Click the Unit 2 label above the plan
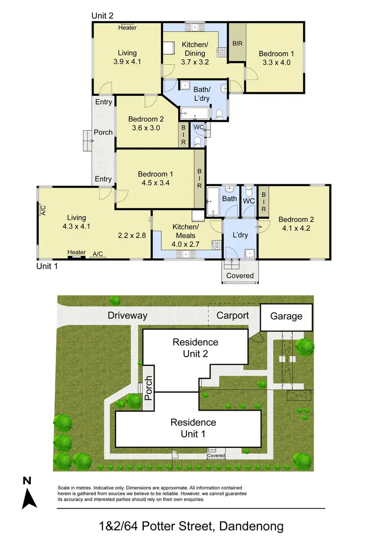tap(103, 16)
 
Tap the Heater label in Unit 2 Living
tap(127, 28)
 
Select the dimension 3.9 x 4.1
tap(127, 62)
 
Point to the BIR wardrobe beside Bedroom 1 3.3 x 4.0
tap(237, 44)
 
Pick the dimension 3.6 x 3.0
tap(146, 128)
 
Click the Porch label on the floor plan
tap(103, 132)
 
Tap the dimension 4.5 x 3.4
tap(155, 183)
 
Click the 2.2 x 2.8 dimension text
tap(132, 235)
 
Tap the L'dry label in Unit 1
tap(240, 235)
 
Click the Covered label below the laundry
tap(240, 276)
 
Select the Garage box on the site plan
tap(286, 316)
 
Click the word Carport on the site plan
tap(232, 315)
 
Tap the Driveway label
tap(127, 315)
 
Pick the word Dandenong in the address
tap(252, 527)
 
